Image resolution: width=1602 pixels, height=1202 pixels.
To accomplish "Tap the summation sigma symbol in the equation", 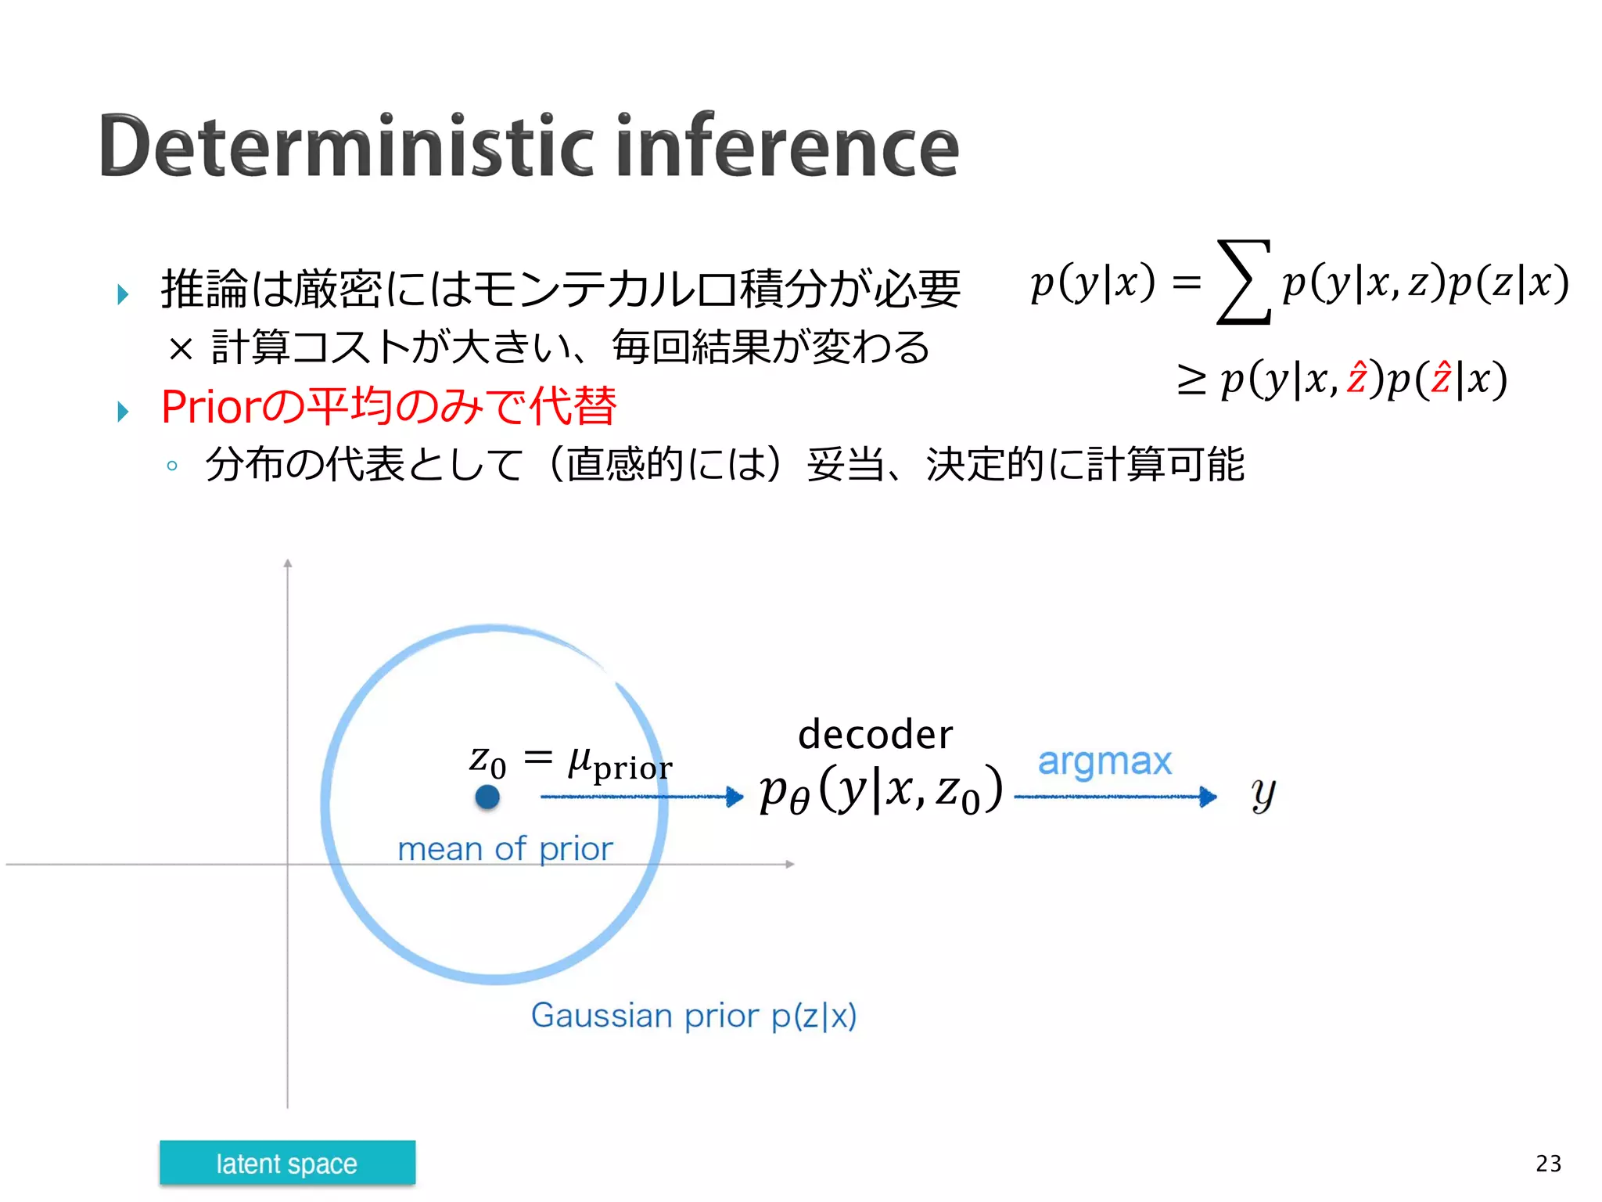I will click(x=1244, y=283).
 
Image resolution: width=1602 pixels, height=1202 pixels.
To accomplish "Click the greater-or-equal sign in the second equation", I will click(x=1191, y=380).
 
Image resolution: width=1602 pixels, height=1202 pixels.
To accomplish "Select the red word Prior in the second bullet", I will click(x=209, y=407).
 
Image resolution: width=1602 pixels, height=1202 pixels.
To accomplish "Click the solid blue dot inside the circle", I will click(x=487, y=797).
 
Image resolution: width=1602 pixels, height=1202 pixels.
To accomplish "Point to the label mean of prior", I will click(x=505, y=849).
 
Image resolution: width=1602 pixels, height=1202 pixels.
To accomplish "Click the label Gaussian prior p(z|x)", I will click(x=693, y=1016).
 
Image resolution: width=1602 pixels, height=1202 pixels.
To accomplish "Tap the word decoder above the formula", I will click(x=875, y=735).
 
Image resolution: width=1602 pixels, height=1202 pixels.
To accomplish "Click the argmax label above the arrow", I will click(x=1104, y=761).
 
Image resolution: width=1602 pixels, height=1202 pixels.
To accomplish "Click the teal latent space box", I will click(x=287, y=1163).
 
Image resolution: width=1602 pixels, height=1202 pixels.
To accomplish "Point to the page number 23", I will click(x=1548, y=1164).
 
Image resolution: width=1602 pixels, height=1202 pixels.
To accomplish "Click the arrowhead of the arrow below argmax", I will click(x=1209, y=797).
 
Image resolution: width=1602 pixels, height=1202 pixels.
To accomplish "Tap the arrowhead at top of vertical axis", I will click(x=288, y=563).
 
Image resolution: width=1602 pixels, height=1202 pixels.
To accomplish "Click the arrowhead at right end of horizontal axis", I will click(x=790, y=864).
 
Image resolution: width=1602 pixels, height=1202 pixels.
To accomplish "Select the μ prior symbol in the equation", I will click(x=619, y=763).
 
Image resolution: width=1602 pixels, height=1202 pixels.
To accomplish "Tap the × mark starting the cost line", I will click(x=180, y=349).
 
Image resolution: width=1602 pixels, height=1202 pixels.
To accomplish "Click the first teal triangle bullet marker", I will click(x=123, y=294).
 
